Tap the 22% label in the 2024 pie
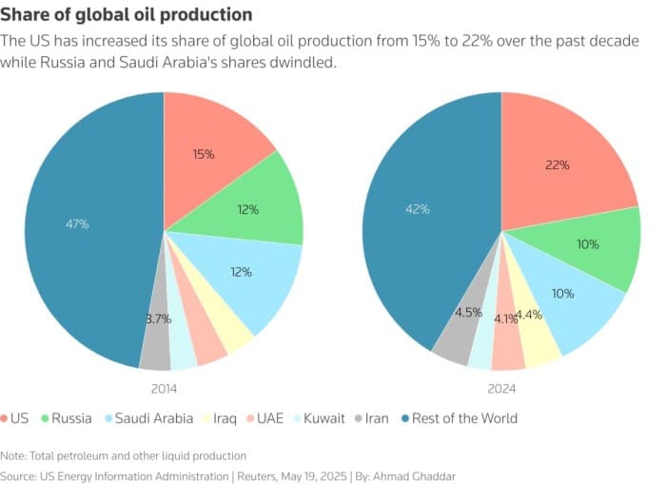558,165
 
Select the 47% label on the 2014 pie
77,224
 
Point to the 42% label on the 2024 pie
418,208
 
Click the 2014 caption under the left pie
163,388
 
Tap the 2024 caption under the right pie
501,388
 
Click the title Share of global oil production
127,14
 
